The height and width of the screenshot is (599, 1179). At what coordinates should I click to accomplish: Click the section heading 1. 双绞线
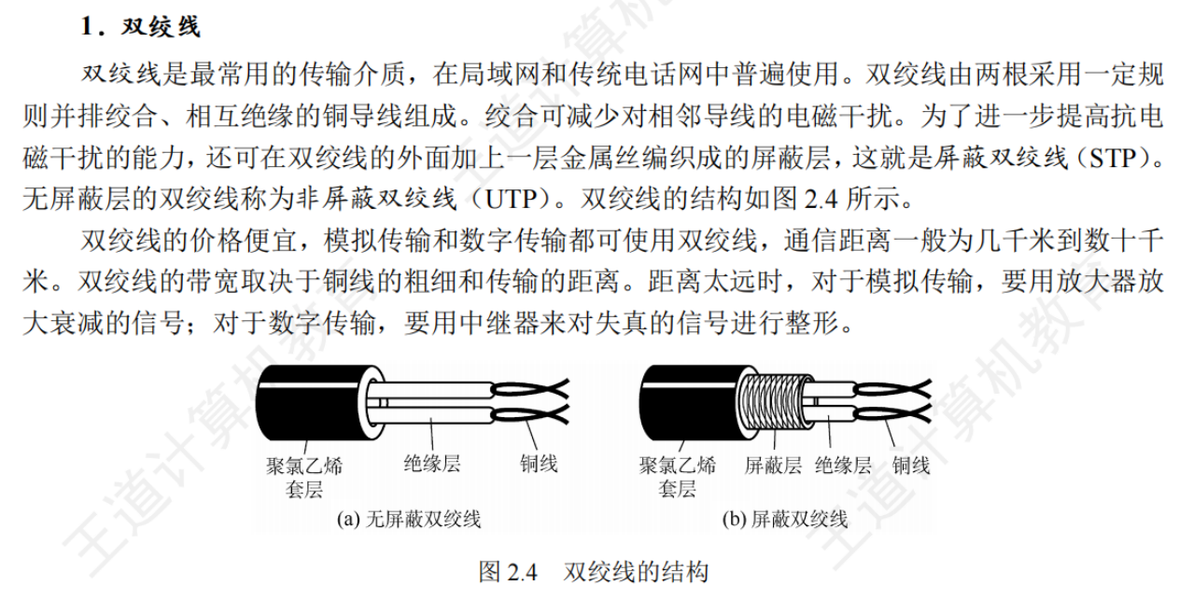pyautogui.click(x=141, y=26)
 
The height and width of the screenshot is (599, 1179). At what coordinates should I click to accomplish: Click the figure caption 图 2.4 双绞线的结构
pyautogui.click(x=594, y=572)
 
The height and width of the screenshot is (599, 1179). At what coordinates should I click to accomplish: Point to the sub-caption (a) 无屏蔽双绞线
pyautogui.click(x=409, y=520)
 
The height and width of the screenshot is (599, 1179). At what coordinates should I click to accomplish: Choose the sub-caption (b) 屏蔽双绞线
pyautogui.click(x=785, y=520)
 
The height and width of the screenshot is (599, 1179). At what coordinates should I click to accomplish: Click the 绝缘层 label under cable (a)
pyautogui.click(x=432, y=464)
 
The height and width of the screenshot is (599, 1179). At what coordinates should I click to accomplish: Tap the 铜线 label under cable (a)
pyautogui.click(x=539, y=464)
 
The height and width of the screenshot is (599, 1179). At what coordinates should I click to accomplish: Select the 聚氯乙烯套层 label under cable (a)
pyautogui.click(x=304, y=478)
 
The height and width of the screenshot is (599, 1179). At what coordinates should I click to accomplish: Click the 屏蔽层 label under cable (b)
pyautogui.click(x=773, y=466)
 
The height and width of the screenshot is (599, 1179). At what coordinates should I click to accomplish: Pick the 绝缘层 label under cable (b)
pyautogui.click(x=843, y=466)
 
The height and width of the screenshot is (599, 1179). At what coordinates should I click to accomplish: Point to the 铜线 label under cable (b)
pyautogui.click(x=911, y=466)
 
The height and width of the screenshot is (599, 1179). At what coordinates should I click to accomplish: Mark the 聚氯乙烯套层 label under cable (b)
pyautogui.click(x=678, y=478)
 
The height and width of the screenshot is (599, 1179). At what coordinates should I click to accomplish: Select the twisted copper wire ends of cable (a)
pyautogui.click(x=530, y=402)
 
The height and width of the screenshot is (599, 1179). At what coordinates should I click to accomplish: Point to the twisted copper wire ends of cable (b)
pyautogui.click(x=892, y=402)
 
